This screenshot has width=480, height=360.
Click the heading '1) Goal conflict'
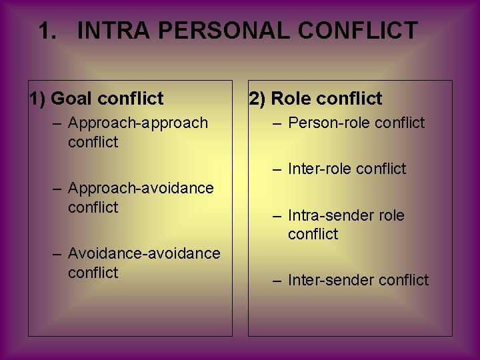coord(96,99)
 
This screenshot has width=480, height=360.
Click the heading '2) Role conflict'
coord(315,99)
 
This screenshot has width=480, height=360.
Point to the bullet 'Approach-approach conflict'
coord(137,132)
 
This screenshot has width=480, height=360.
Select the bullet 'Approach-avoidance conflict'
coord(141,197)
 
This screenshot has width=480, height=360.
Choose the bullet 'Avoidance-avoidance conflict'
coord(143,263)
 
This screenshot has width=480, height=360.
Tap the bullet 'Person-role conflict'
coord(356,123)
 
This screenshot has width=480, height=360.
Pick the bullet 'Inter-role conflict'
coord(347,169)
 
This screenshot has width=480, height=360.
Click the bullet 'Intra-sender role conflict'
coord(346,225)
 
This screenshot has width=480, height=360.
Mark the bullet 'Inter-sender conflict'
coord(358,280)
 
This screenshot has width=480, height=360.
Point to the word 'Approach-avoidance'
coord(141,188)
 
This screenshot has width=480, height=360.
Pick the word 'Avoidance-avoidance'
coord(144,253)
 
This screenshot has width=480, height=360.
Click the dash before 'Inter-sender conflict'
coord(277,280)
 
